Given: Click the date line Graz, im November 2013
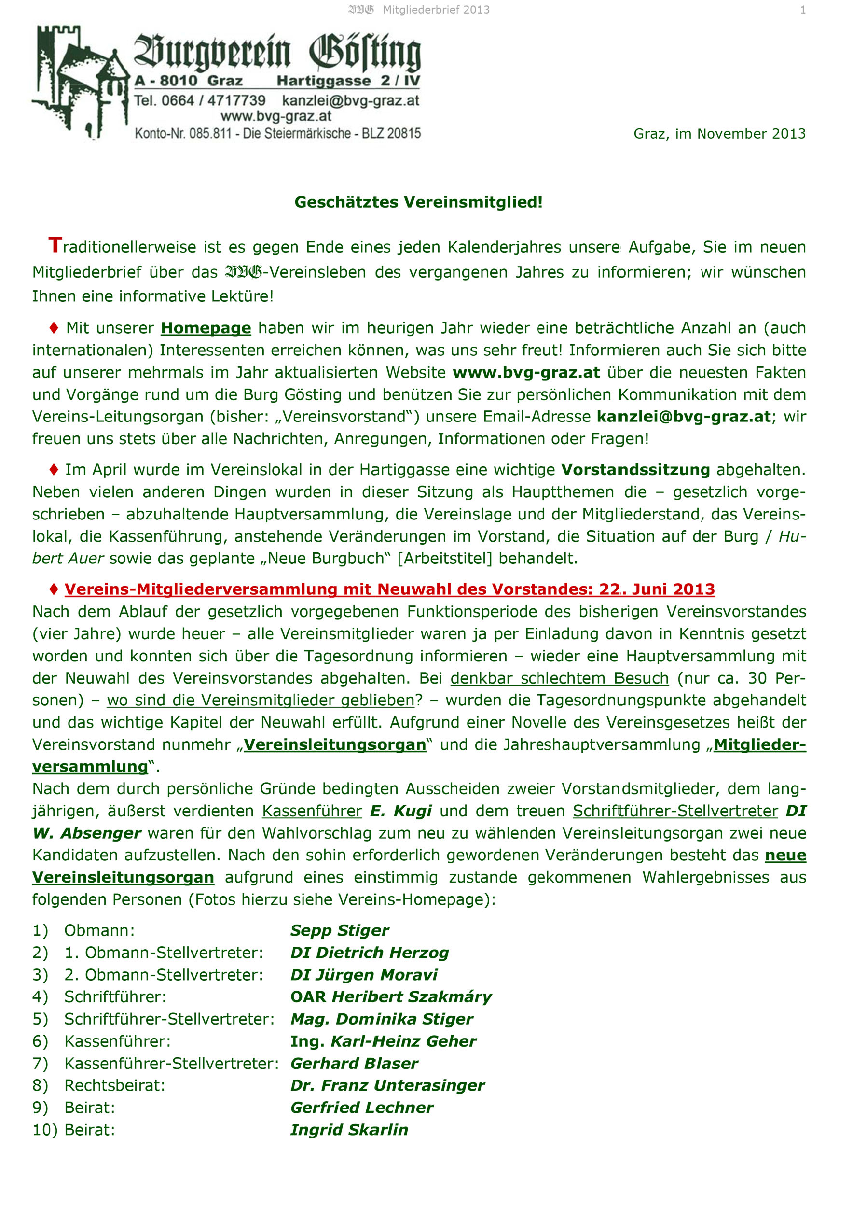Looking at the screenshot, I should tap(719, 134).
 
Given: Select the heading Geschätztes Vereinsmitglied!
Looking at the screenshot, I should tap(418, 202).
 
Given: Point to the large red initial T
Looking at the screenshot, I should tap(55, 245).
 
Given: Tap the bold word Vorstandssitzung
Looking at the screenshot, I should tap(635, 470).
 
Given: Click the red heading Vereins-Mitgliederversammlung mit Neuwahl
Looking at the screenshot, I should tap(389, 589).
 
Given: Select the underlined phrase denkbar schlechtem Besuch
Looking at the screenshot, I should tap(559, 678).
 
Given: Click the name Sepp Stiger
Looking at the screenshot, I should tap(339, 930).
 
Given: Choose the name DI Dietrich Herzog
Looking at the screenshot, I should tap(370, 953).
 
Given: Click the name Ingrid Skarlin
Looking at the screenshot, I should tap(349, 1130).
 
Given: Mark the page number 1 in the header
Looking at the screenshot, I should tap(802, 10).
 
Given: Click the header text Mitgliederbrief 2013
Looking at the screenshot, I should tap(436, 10).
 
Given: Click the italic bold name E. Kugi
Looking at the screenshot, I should tap(401, 811).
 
